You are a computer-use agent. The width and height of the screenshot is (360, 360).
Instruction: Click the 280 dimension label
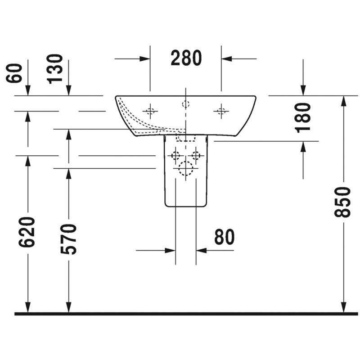coord(186,58)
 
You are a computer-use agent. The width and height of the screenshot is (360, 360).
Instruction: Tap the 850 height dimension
coord(342,202)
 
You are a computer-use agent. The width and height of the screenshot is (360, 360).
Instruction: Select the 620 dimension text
coord(27,232)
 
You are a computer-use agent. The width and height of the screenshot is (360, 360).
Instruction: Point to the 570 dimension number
coord(68,239)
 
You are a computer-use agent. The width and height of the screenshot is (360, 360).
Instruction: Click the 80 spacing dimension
coord(224,237)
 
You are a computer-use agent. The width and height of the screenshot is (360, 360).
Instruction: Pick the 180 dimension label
coord(302,118)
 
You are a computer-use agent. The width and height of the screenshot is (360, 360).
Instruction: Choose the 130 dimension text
coord(54,69)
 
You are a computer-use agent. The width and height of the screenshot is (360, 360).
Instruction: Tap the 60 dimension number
coord(14,73)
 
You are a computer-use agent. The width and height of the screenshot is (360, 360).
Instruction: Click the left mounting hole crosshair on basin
coord(150,111)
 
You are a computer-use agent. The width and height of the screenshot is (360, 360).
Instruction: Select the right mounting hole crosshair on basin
coord(221,111)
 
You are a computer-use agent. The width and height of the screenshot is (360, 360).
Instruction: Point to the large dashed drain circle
coord(186,168)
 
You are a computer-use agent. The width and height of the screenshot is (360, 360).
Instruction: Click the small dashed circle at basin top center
coord(186,104)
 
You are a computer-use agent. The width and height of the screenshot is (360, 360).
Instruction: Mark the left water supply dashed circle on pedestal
coord(175,156)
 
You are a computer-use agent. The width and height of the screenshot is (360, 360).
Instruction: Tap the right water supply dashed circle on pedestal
coord(196,156)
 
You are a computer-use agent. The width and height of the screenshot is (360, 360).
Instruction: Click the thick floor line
coord(186,314)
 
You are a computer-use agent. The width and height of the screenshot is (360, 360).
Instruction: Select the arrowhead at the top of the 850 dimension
coord(343,101)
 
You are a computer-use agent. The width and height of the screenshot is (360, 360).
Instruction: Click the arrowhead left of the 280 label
coord(144,59)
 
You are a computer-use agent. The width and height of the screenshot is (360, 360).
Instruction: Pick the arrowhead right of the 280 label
coord(227,59)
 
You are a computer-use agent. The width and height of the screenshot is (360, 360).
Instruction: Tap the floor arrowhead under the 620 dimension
coord(28,307)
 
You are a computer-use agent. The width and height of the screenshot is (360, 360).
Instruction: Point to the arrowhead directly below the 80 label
coord(201,251)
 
